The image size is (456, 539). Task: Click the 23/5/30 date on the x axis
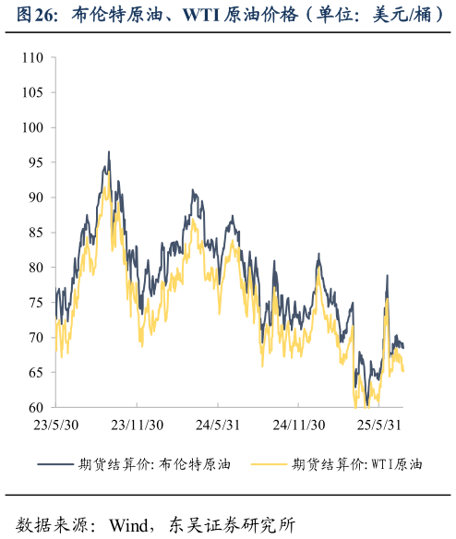click(56, 425)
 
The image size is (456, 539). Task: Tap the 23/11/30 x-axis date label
click(137, 425)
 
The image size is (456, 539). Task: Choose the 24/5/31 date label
click(217, 425)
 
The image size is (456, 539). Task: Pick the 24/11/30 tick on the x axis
click(297, 425)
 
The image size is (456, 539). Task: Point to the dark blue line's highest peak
click(108, 152)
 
